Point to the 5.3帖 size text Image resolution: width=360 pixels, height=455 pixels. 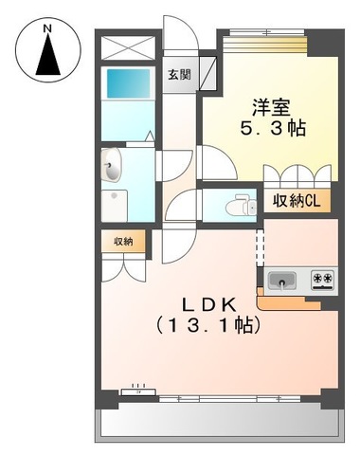coord(272,129)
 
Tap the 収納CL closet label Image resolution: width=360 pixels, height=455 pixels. coord(295,201)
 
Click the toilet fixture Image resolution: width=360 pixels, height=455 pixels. coord(242,202)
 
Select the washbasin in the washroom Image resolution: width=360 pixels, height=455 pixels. coord(111,169)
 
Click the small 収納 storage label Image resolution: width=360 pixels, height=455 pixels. coord(124,242)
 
